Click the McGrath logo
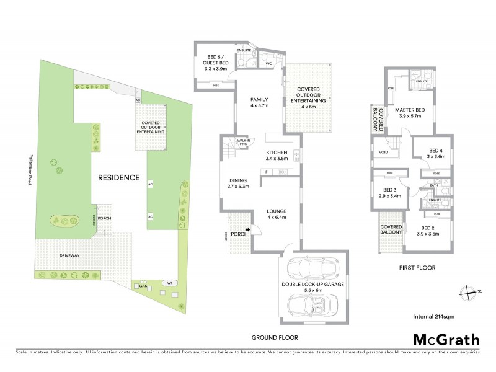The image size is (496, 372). (446, 339)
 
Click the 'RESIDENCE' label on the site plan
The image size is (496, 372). (118, 177)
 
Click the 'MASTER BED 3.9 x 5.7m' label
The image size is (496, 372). (417, 113)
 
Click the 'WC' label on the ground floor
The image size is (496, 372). (269, 64)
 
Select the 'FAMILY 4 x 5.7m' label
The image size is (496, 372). (259, 102)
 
